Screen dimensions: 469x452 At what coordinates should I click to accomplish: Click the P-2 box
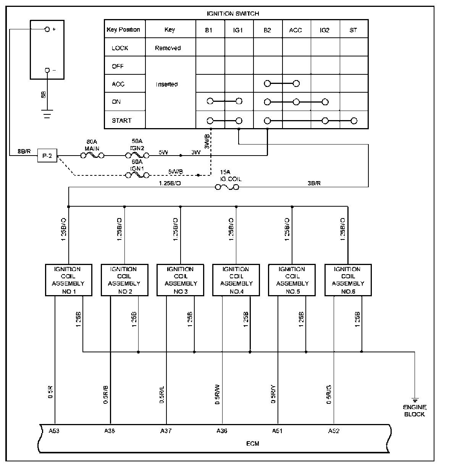click(47, 156)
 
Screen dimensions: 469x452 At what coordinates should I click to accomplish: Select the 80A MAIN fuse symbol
click(92, 156)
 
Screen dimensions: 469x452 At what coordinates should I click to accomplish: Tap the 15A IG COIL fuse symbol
click(228, 187)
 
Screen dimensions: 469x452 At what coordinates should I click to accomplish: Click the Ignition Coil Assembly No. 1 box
click(69, 280)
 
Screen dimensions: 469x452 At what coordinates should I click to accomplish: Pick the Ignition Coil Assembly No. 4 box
click(236, 280)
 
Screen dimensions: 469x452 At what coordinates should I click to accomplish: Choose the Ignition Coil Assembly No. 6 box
click(348, 280)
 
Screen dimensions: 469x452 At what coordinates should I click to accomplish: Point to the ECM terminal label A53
click(54, 431)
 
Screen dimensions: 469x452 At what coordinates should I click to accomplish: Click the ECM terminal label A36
click(221, 431)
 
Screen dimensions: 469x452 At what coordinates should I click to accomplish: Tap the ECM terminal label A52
click(334, 431)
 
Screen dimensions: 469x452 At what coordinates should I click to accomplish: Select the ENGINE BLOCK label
click(415, 411)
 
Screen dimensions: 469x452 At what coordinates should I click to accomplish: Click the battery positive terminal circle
click(47, 29)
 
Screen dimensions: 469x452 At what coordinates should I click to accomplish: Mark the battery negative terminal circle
click(47, 70)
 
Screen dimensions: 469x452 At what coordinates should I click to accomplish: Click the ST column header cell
click(354, 30)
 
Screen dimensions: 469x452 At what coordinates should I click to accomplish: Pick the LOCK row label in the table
click(120, 48)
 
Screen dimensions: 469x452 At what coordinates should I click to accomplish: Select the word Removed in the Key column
click(168, 48)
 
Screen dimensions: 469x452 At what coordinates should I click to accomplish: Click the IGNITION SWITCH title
click(233, 14)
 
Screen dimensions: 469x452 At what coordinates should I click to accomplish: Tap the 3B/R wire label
click(314, 183)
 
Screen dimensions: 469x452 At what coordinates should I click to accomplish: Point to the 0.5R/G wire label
click(329, 394)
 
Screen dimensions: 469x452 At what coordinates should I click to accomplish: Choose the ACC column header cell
click(295, 30)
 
